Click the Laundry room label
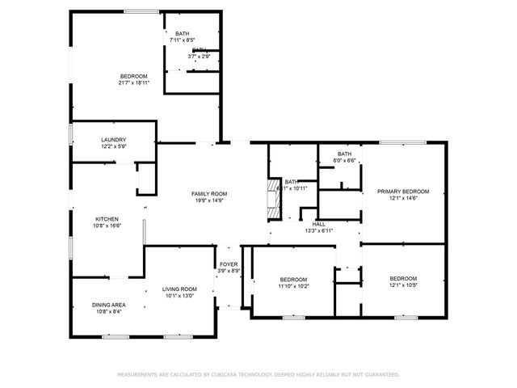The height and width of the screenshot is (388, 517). (113, 140)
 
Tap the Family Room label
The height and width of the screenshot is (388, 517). (209, 194)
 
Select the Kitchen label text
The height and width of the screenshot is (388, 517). (107, 219)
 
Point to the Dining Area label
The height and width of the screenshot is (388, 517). (107, 305)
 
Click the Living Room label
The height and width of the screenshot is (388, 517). (179, 289)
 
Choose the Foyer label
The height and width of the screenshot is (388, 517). (229, 264)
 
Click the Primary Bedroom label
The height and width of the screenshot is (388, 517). (403, 192)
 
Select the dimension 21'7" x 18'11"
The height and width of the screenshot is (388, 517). (133, 82)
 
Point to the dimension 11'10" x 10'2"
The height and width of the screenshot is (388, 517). (293, 285)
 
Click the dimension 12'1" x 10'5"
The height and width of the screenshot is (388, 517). (403, 285)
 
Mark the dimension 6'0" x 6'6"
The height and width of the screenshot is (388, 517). (345, 161)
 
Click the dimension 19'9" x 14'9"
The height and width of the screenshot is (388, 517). (209, 200)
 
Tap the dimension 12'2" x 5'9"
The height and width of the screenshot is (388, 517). (113, 146)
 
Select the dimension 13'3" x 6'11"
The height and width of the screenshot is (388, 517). (319, 230)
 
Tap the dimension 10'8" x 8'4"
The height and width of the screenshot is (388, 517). (107, 311)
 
